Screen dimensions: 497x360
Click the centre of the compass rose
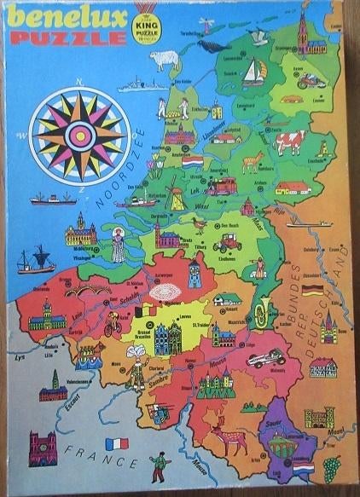coord(80,132)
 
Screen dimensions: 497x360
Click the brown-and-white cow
coord(288,142)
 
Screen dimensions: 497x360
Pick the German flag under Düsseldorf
coord(313,291)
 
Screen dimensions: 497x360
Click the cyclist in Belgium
coord(112,323)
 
